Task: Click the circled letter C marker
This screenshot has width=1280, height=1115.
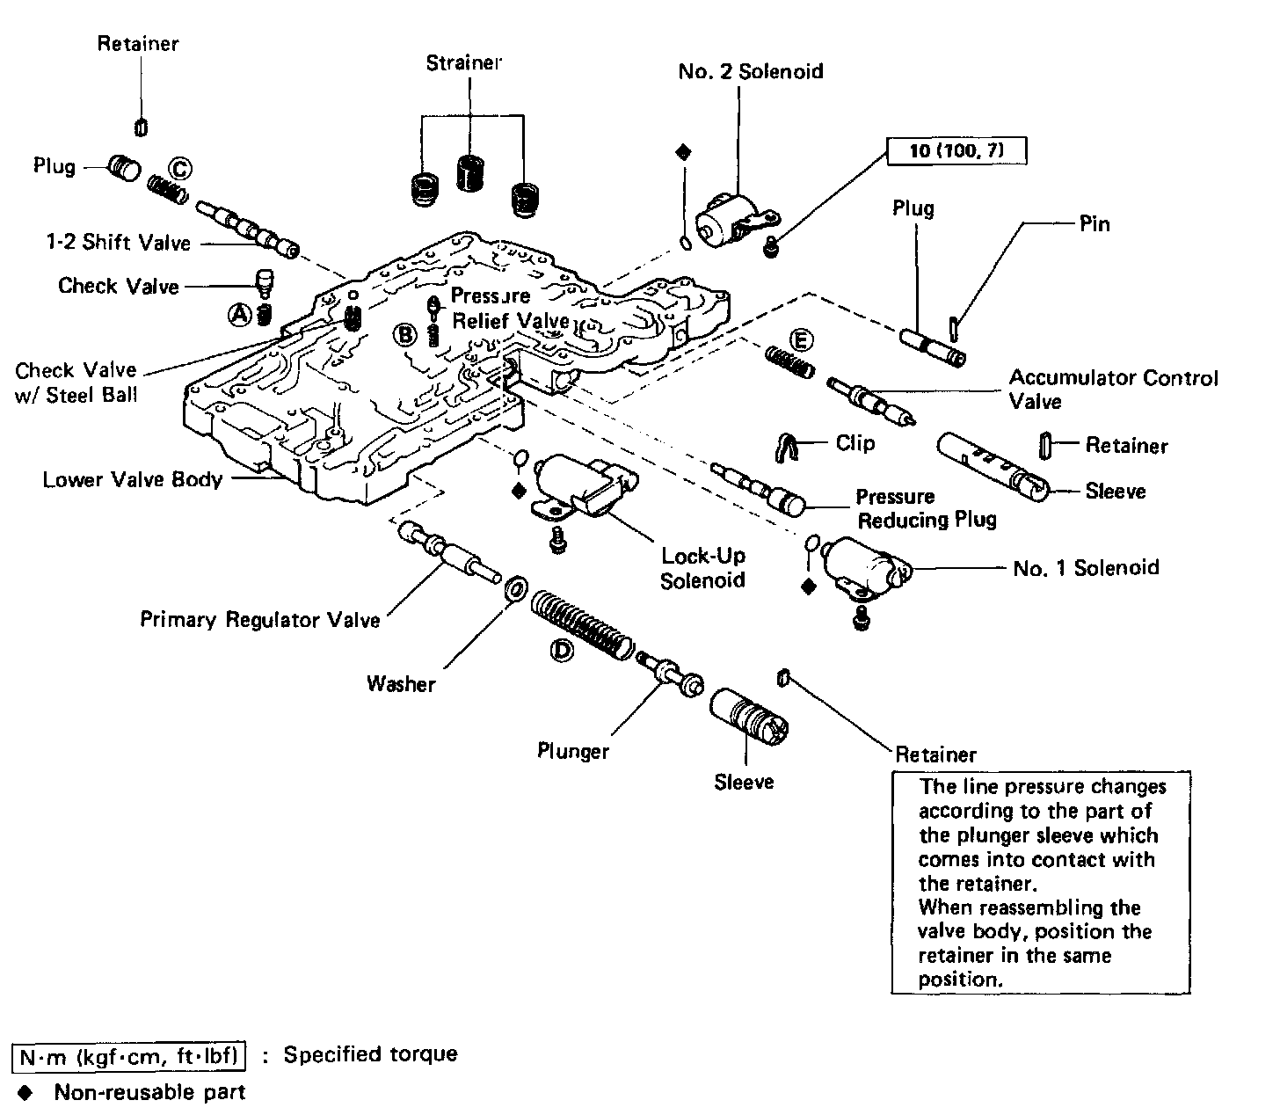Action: pos(180,169)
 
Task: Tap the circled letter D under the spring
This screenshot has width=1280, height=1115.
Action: pos(561,651)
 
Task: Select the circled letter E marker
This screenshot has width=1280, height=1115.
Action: pos(802,341)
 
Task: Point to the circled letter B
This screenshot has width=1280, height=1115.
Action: pos(404,335)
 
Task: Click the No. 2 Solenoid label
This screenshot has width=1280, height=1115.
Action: pos(751,71)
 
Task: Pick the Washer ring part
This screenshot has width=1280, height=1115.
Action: pos(516,589)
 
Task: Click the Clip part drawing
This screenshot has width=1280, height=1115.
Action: pos(787,448)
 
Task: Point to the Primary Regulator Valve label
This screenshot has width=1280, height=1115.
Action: pos(260,619)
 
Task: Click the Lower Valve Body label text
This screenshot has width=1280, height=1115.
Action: pos(133,480)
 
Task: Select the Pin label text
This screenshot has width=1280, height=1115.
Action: pos(1095,224)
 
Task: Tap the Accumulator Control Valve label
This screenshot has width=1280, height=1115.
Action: pos(1114,390)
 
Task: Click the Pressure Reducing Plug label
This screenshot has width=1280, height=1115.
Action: pos(927,508)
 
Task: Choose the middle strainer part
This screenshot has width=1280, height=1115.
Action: pos(470,173)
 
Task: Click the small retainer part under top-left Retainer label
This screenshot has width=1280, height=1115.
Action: pos(141,128)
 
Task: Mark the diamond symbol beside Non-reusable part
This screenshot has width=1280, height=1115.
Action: pos(25,1092)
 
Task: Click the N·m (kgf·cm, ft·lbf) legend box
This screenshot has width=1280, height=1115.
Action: pos(129,1057)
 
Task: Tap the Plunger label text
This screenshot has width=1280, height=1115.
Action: pos(573,751)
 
